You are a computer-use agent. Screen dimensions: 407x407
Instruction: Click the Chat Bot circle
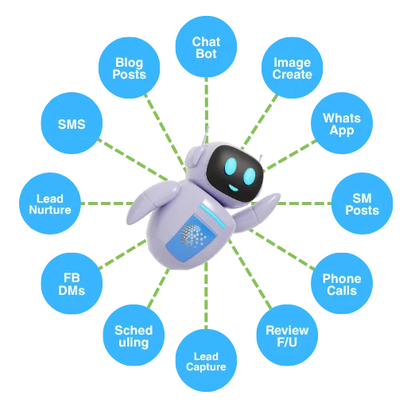click(206, 47)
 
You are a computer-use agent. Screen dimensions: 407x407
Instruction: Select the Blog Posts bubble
click(130, 68)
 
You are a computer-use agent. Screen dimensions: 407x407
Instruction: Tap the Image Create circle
click(292, 68)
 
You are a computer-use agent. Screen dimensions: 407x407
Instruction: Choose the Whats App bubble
click(342, 123)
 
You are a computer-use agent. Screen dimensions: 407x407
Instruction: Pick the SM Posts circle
click(362, 203)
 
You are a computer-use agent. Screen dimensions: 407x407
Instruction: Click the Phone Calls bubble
click(342, 284)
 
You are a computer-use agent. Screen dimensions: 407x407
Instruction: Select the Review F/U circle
click(287, 335)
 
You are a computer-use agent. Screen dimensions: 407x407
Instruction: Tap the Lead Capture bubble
click(206, 360)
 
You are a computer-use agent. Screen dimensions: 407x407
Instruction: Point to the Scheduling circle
click(134, 335)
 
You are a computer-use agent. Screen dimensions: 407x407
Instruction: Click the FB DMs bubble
click(72, 284)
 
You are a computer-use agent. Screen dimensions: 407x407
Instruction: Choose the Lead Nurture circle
click(50, 203)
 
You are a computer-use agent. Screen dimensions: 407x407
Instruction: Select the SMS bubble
click(72, 123)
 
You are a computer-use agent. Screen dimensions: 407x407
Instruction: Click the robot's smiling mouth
click(234, 188)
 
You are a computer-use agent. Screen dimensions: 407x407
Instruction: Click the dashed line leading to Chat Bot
click(207, 110)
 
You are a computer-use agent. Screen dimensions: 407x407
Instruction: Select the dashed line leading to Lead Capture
click(206, 296)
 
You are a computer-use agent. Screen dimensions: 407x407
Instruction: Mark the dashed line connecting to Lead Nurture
click(107, 203)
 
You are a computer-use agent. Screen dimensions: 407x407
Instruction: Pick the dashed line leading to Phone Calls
click(281, 250)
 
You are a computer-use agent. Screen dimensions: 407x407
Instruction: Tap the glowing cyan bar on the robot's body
click(213, 216)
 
